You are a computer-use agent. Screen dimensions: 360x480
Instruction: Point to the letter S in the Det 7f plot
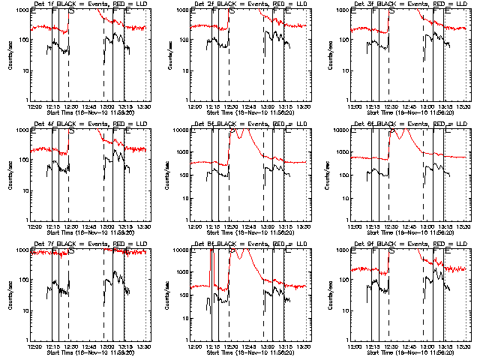click(x=71, y=251)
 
